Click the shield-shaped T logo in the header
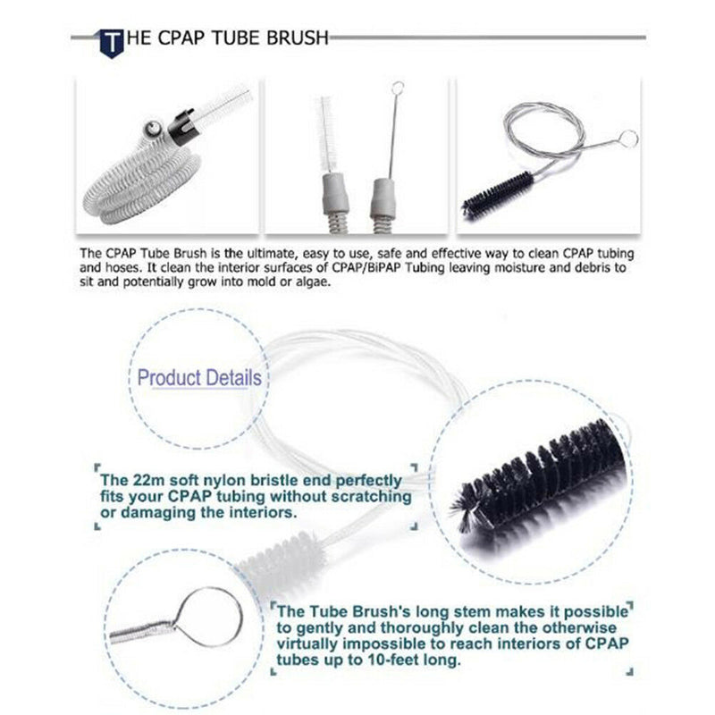tap(112, 40)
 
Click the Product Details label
tap(199, 377)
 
